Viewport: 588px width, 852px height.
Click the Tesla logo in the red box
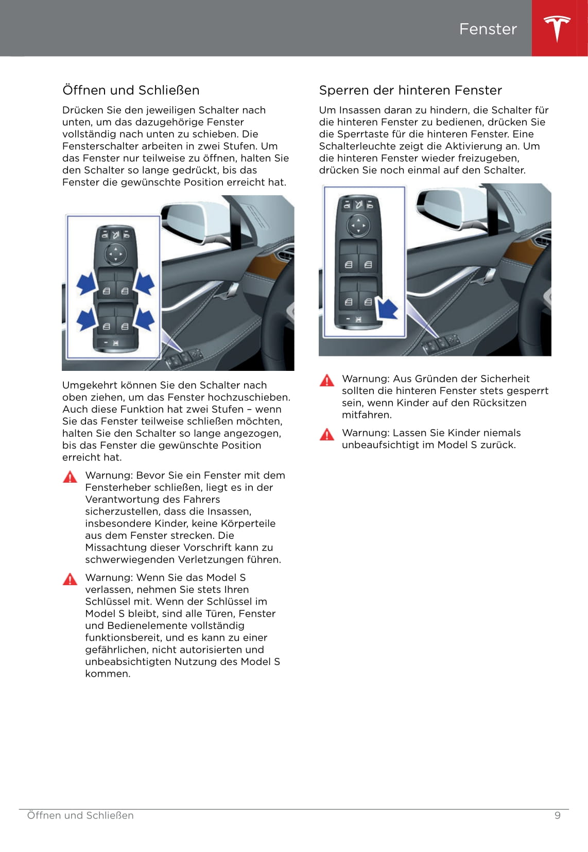click(557, 28)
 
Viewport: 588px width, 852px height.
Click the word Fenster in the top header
click(488, 29)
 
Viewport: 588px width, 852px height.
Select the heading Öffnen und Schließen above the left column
click(131, 90)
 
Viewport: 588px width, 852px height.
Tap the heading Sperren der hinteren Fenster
click(410, 90)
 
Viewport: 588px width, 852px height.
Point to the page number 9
click(557, 815)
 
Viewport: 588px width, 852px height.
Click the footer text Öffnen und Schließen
click(80, 815)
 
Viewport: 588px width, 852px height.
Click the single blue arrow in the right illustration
click(388, 309)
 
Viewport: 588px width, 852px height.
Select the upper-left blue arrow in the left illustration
click(87, 283)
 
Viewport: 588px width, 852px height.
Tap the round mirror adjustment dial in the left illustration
click(115, 254)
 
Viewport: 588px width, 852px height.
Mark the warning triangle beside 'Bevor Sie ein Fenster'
click(70, 477)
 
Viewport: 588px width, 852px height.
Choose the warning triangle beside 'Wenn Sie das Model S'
click(70, 579)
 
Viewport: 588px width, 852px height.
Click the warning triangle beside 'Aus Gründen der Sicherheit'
click(327, 381)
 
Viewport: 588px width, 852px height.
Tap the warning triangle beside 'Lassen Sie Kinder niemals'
click(327, 435)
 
